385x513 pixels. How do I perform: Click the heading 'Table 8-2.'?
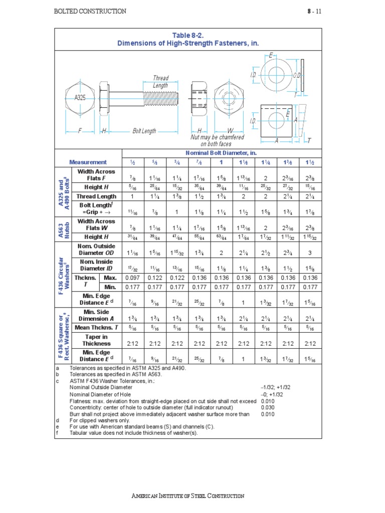[188, 35]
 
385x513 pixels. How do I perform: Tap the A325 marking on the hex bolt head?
[80, 98]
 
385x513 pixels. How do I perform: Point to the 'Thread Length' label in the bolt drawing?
[160, 82]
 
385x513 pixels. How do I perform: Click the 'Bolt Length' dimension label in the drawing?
[144, 131]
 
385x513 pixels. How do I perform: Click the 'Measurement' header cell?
[88, 162]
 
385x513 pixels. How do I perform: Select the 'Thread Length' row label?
[96, 196]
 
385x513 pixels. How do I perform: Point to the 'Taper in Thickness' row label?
[97, 340]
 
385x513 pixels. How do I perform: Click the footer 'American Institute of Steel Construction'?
[188, 496]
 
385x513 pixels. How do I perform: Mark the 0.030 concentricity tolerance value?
[268, 407]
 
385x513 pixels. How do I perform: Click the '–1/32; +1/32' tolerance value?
[272, 388]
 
